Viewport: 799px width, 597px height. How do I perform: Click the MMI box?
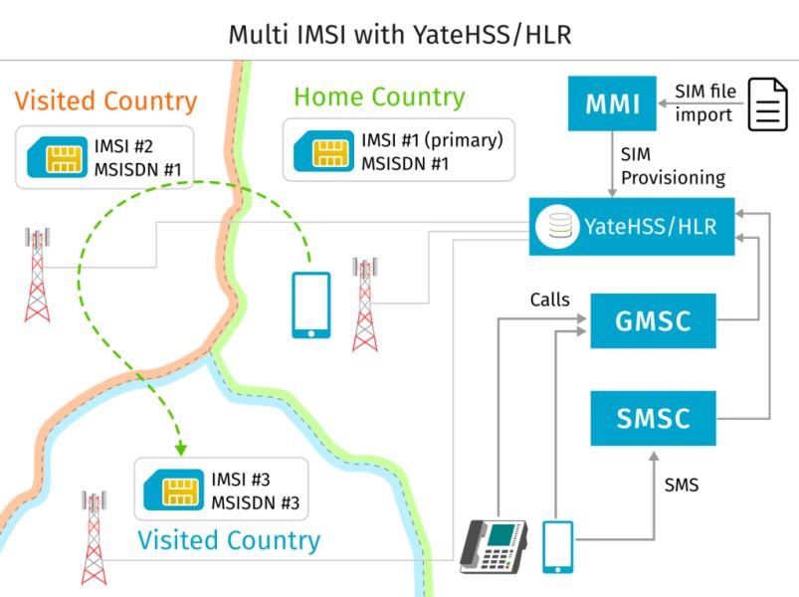click(x=610, y=103)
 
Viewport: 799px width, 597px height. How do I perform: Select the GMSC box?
click(x=653, y=320)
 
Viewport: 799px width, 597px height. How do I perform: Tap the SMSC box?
click(x=653, y=418)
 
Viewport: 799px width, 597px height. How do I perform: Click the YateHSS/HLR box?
click(x=632, y=227)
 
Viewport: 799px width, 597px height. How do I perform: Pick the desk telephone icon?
click(x=494, y=547)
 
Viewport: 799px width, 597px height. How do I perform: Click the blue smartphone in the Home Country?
click(x=310, y=305)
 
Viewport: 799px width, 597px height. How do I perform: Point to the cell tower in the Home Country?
click(x=365, y=304)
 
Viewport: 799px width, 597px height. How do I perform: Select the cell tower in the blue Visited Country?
click(x=94, y=536)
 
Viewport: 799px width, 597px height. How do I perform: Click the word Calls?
click(x=550, y=298)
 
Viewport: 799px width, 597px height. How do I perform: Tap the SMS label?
click(x=682, y=486)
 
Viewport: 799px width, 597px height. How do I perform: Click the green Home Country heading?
click(x=379, y=98)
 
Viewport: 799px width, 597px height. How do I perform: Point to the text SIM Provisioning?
click(x=673, y=167)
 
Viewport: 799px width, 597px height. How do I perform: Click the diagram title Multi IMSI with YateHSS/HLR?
click(x=400, y=34)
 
